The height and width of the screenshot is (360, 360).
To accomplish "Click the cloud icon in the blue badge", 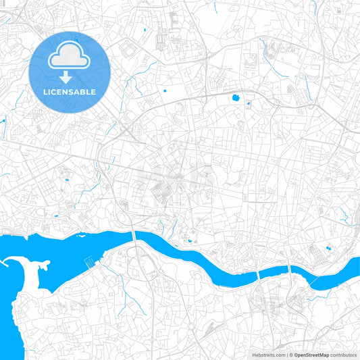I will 70,56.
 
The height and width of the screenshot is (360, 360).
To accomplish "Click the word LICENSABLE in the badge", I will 70,92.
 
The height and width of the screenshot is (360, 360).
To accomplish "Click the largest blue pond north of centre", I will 236,98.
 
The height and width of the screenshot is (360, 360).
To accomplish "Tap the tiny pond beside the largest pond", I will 247,103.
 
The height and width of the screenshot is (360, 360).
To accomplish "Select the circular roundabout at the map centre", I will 179,178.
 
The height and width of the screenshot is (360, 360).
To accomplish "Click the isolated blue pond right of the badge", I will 164,89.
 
